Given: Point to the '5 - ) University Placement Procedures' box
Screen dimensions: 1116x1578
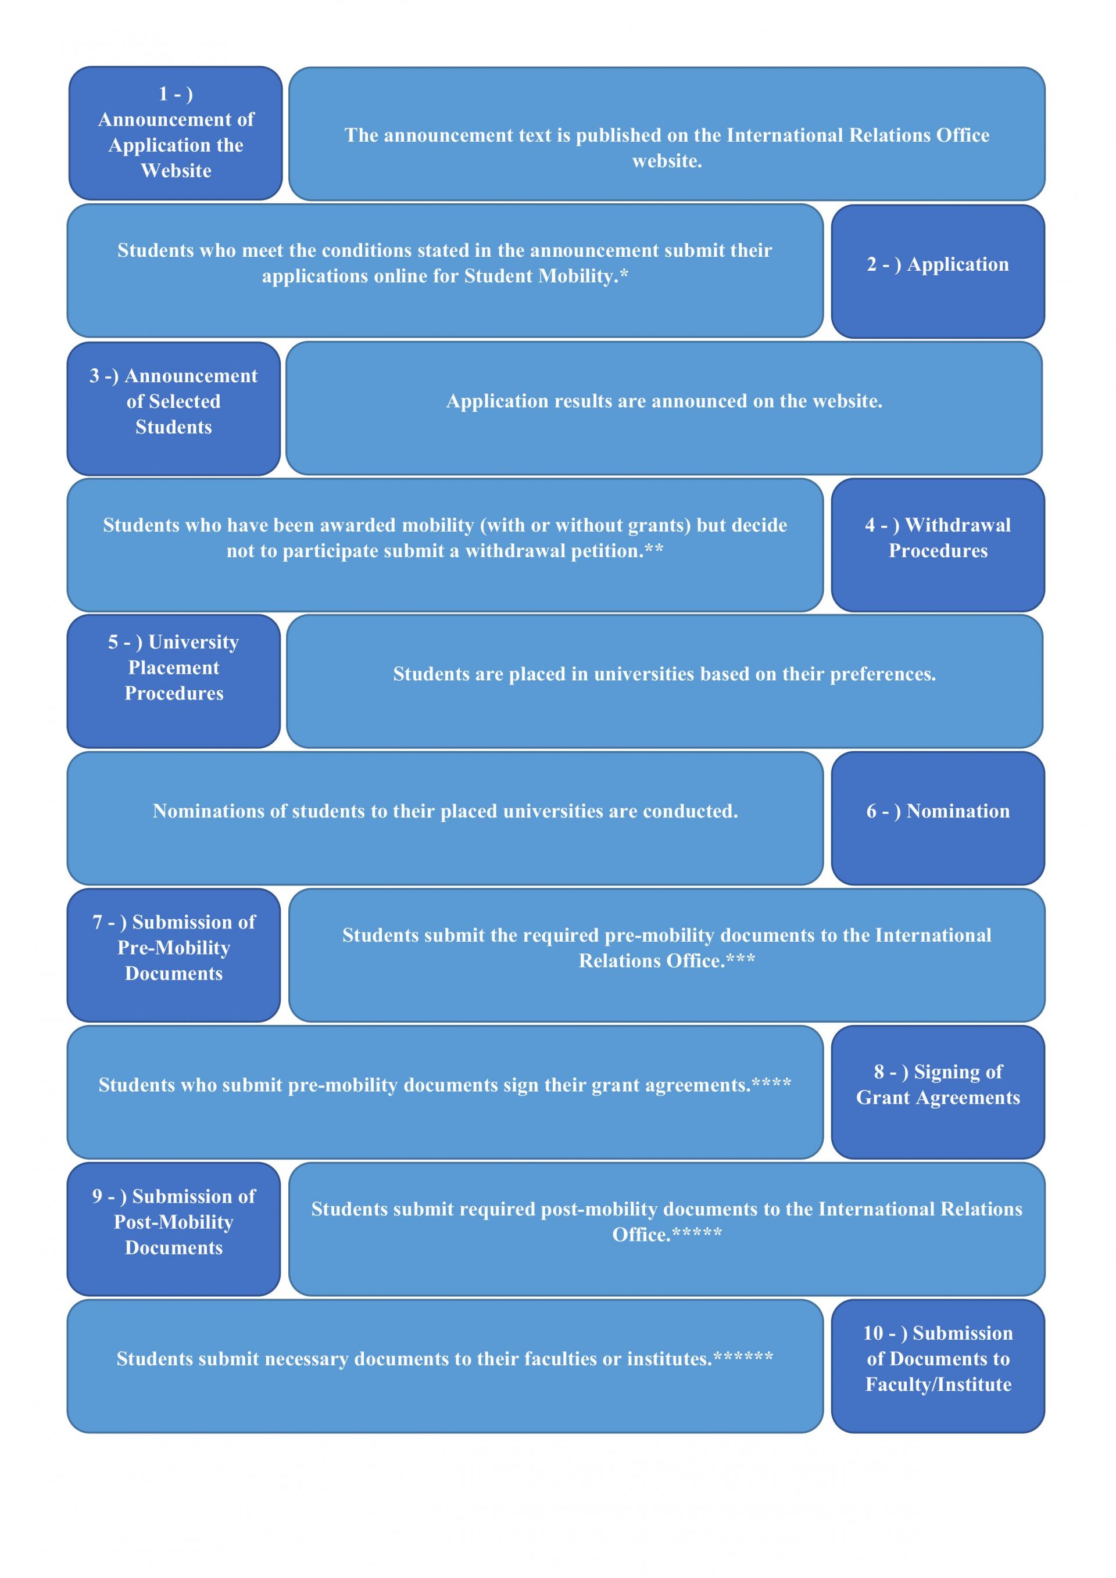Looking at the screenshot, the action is pyautogui.click(x=173, y=681).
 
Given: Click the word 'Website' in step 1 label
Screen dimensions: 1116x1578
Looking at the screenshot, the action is pyautogui.click(x=176, y=170).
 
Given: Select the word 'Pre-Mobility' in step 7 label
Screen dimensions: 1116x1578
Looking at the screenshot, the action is pyautogui.click(x=173, y=948).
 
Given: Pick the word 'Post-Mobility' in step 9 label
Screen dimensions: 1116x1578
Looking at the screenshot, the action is pyautogui.click(x=173, y=1222).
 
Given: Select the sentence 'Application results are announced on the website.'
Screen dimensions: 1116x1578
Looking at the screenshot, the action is pyautogui.click(x=664, y=401).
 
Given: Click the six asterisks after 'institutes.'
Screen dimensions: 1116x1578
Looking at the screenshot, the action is pyautogui.click(x=743, y=1355).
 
